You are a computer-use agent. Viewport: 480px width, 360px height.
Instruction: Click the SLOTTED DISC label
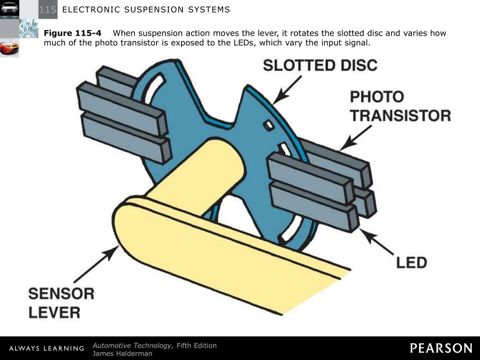tap(320, 65)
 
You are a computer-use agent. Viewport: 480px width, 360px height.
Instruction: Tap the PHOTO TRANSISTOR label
tap(400, 106)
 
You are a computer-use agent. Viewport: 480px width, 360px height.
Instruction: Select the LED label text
tap(411, 262)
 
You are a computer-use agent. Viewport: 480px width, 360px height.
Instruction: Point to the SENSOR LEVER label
tap(61, 303)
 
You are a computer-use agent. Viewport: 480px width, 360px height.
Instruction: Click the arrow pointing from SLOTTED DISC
tap(286, 90)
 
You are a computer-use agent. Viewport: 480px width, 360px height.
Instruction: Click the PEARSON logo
tap(441, 348)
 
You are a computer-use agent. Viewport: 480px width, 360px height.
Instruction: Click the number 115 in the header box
tap(48, 9)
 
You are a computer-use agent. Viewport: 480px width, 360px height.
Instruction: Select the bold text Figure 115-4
tap(73, 33)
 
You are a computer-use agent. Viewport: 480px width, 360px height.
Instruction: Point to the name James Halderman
tap(122, 353)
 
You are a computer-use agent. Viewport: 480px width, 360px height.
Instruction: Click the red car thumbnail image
tap(9, 47)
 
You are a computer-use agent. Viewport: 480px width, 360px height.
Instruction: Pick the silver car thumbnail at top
tap(9, 9)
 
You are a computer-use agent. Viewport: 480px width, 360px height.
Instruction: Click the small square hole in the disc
tap(269, 125)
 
